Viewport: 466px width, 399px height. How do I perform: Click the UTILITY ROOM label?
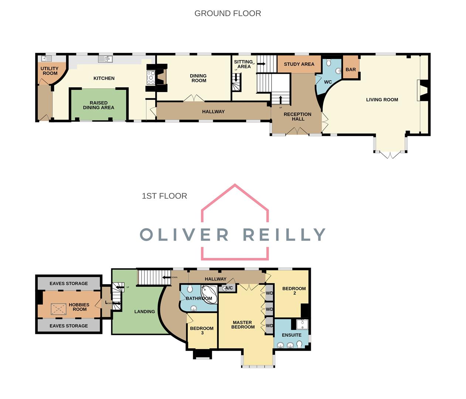pos(50,71)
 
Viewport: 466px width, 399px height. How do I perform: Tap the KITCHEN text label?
pos(104,78)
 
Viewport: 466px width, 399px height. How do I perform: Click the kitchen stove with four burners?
pos(152,78)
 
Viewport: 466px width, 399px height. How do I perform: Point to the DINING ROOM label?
pos(198,78)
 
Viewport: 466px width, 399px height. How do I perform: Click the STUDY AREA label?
pos(299,64)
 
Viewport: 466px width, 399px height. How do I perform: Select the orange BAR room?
pos(351,69)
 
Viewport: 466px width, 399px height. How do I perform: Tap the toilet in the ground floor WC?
pos(329,62)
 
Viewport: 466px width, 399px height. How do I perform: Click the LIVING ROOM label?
pos(382,100)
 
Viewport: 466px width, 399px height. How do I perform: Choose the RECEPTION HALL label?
pos(297,117)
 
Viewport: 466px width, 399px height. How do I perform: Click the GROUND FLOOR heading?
pos(228,14)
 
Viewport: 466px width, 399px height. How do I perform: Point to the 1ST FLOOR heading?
pos(164,196)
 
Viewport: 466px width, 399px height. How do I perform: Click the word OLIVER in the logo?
pos(184,235)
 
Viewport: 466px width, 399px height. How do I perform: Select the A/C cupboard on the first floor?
pos(229,288)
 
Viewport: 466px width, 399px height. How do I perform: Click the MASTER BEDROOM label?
pos(243,325)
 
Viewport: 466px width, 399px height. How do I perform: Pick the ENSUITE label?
pos(292,335)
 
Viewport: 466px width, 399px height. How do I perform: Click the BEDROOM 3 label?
pos(202,331)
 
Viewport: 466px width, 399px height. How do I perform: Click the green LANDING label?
pos(144,312)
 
